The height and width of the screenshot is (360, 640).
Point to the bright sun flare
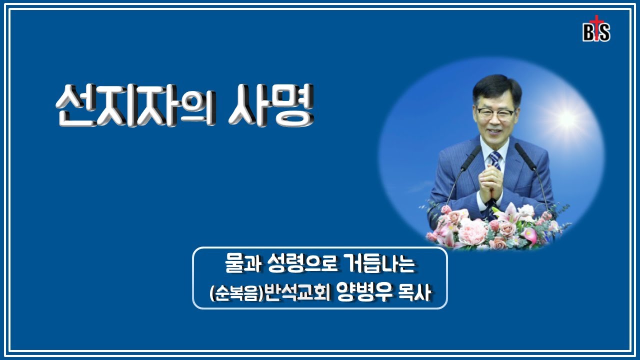point(567,118)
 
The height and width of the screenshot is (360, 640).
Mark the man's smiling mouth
point(493,132)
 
